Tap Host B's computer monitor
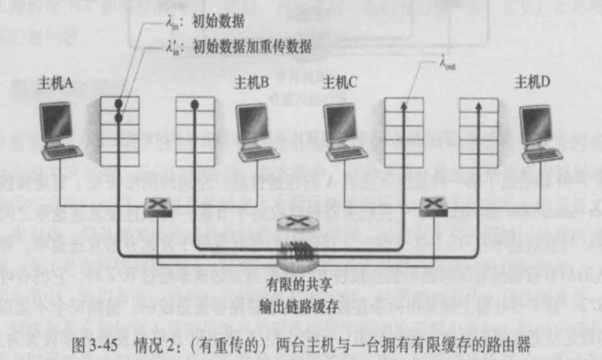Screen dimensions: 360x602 pyautogui.click(x=255, y=120)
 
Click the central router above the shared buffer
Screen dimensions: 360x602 pyautogui.click(x=296, y=224)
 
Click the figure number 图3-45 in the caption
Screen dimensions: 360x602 pyautogui.click(x=97, y=340)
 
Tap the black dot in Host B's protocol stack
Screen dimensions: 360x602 pyautogui.click(x=195, y=104)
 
